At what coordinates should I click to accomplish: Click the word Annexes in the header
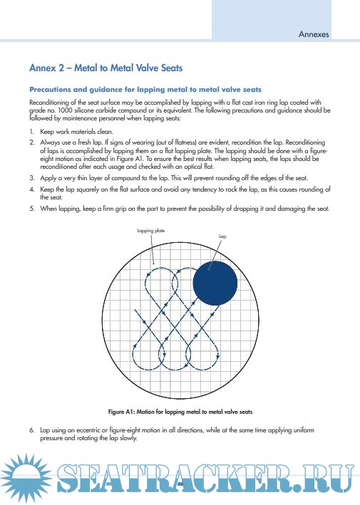(314, 34)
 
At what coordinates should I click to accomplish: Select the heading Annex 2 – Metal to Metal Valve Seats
(106, 68)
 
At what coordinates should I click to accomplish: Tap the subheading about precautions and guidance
(145, 90)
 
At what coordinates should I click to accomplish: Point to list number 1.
(31, 131)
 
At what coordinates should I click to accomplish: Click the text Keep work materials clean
(76, 131)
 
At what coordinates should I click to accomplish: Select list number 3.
(32, 178)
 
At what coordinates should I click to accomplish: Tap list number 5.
(32, 209)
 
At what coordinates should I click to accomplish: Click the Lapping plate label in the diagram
(151, 231)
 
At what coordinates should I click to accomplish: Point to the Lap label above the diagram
(222, 236)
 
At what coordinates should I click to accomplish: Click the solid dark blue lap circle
(215, 283)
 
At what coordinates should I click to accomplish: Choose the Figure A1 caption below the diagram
(180, 412)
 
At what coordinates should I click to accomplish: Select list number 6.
(32, 430)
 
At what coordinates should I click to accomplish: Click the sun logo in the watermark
(26, 477)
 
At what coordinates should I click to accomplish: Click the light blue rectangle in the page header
(272, 20)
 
